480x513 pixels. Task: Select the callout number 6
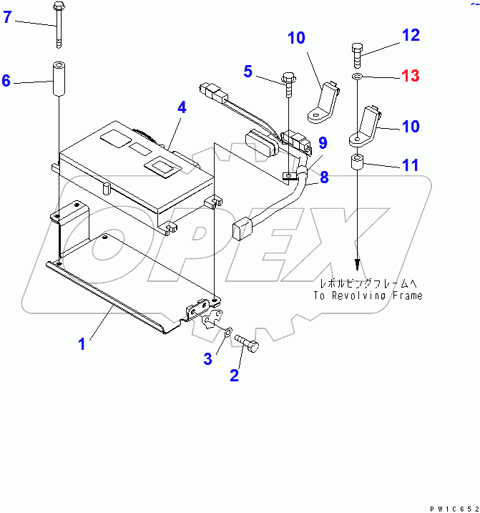click(x=6, y=81)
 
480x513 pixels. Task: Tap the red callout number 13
click(x=411, y=76)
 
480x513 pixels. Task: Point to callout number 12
click(x=411, y=34)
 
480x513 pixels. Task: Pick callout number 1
click(x=82, y=343)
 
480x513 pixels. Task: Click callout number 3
click(x=207, y=359)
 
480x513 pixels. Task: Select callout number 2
click(x=234, y=374)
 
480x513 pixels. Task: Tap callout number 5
click(x=248, y=71)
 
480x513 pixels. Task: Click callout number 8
click(x=324, y=176)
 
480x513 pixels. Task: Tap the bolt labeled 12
click(x=357, y=53)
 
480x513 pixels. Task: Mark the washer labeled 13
click(x=357, y=76)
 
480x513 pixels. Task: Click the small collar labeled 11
click(x=357, y=163)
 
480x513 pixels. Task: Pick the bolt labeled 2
click(x=247, y=344)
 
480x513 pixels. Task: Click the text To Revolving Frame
click(x=368, y=295)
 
